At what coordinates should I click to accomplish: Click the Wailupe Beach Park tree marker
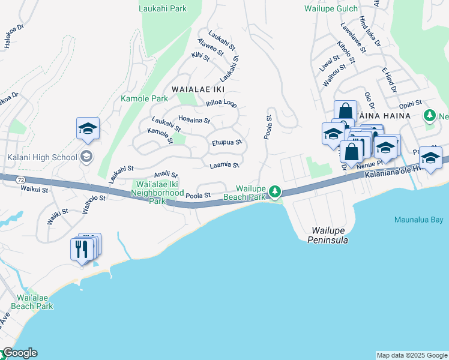(x=275, y=191)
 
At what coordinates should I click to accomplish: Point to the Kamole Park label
(x=144, y=98)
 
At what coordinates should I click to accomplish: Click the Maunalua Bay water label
(x=418, y=220)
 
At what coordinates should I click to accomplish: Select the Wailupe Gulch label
(x=331, y=8)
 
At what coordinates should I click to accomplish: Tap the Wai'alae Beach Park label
(x=35, y=302)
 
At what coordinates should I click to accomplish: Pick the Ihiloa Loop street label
(x=221, y=103)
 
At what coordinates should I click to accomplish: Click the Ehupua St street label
(x=226, y=143)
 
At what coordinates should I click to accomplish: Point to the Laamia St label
(x=224, y=165)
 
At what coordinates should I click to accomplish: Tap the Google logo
(x=19, y=353)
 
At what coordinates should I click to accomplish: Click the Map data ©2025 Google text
(x=411, y=355)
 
